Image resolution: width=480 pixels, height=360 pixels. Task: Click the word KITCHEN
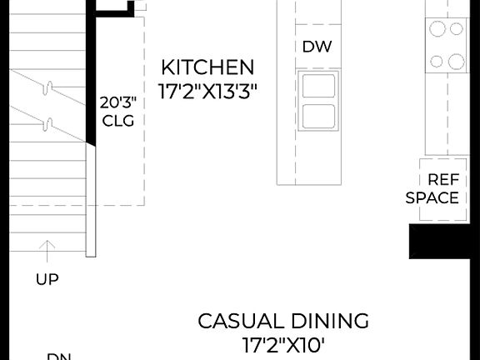point(207,67)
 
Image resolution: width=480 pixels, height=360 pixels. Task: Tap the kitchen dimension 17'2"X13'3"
point(207,90)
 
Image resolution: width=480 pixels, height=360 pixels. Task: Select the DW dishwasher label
point(317,47)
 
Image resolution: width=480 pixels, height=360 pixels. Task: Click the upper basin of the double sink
point(320,86)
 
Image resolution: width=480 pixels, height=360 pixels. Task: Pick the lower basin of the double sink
point(320,116)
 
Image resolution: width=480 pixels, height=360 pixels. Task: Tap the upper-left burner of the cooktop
point(437,29)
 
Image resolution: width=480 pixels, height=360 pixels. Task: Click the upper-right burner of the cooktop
point(456,29)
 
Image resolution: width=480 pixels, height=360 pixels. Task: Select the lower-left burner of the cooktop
point(437,61)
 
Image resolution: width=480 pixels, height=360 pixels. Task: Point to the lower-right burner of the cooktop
point(456,61)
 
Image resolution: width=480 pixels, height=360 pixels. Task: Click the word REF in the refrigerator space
point(443,180)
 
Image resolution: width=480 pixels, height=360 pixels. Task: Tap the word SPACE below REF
point(432,198)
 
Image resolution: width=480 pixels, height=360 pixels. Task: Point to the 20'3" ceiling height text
point(117,103)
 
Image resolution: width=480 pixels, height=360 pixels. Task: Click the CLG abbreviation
point(117,121)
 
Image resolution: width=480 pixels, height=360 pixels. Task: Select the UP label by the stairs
point(47,280)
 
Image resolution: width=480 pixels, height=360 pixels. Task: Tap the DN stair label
point(58,357)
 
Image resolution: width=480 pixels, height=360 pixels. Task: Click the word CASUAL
point(238,321)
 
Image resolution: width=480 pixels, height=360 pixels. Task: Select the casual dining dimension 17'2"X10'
point(283,344)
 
